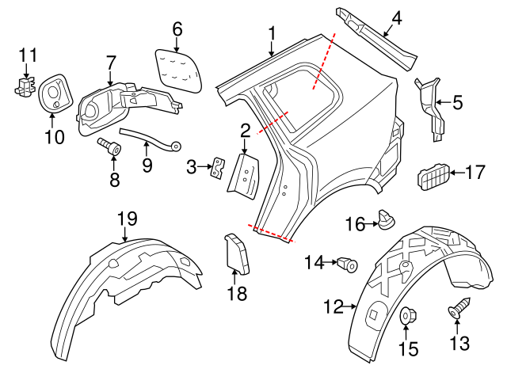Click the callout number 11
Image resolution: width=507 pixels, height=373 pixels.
(x=28, y=55)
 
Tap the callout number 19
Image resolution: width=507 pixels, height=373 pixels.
(x=127, y=218)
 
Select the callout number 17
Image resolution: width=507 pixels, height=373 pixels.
(x=475, y=170)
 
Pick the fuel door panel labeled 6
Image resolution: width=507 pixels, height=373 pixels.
(x=178, y=70)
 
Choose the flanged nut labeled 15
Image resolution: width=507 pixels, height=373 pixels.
(x=408, y=316)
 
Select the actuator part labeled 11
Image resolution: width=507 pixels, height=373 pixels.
(x=26, y=84)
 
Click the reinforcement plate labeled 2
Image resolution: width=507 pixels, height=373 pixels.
(x=243, y=174)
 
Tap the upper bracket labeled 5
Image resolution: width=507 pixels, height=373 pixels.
(x=430, y=103)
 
